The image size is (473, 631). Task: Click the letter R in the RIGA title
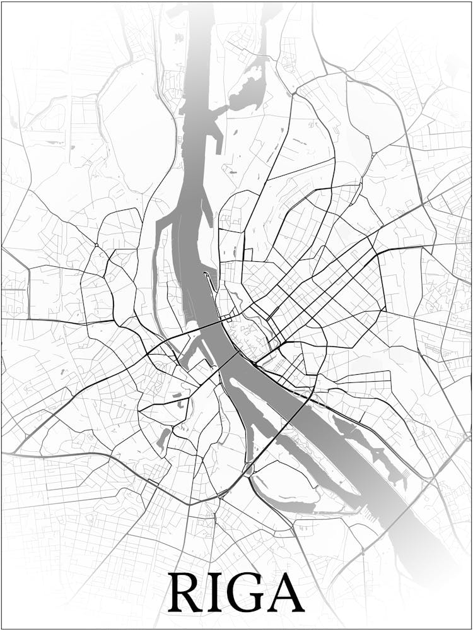[x=187, y=593]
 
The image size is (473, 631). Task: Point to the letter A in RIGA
[x=283, y=593]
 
